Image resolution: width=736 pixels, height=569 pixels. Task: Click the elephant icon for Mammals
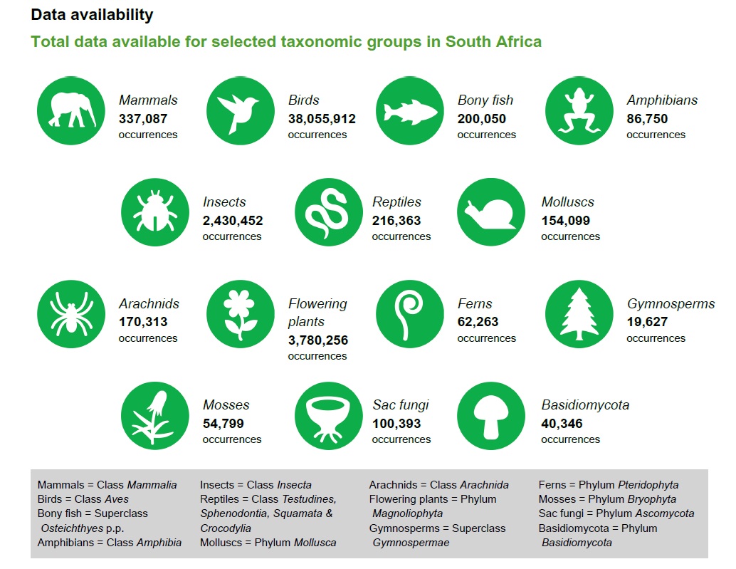click(70, 110)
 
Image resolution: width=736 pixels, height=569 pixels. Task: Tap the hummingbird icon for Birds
click(240, 110)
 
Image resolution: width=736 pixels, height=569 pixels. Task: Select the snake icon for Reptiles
click(328, 212)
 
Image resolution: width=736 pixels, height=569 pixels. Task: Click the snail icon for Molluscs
click(490, 212)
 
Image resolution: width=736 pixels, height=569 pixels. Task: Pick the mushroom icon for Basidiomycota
click(490, 415)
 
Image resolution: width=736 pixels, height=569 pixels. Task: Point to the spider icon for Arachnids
click(70, 313)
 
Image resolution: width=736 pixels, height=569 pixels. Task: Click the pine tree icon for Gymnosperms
click(579, 313)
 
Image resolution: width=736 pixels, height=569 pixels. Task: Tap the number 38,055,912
click(322, 119)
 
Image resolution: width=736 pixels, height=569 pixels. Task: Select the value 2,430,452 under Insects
click(233, 221)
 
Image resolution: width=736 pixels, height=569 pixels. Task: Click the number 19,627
click(647, 322)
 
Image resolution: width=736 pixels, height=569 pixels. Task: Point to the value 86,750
click(647, 119)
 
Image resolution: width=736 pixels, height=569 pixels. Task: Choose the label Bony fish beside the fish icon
click(485, 100)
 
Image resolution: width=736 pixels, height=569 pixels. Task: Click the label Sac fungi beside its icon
click(401, 405)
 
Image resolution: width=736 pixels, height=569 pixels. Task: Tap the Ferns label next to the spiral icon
click(475, 304)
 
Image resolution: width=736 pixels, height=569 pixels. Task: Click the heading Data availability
click(92, 14)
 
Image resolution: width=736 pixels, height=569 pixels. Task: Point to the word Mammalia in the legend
click(152, 485)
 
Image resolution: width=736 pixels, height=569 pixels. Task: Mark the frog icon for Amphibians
click(579, 110)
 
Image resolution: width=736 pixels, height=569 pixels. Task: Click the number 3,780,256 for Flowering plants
click(318, 340)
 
